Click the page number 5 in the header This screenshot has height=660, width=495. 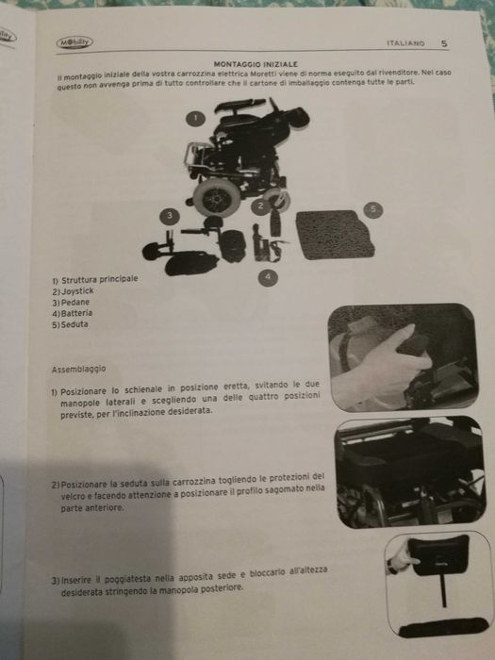click(x=444, y=41)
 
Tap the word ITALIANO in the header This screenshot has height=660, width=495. click(x=405, y=42)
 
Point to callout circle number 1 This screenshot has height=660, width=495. click(x=195, y=119)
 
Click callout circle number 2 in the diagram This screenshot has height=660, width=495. click(x=259, y=205)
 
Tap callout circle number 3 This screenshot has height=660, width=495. click(x=169, y=216)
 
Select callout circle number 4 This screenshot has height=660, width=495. click(x=267, y=276)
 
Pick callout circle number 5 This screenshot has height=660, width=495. click(x=372, y=207)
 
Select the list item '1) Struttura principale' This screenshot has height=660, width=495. click(x=94, y=281)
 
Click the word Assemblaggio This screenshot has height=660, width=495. click(x=78, y=369)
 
